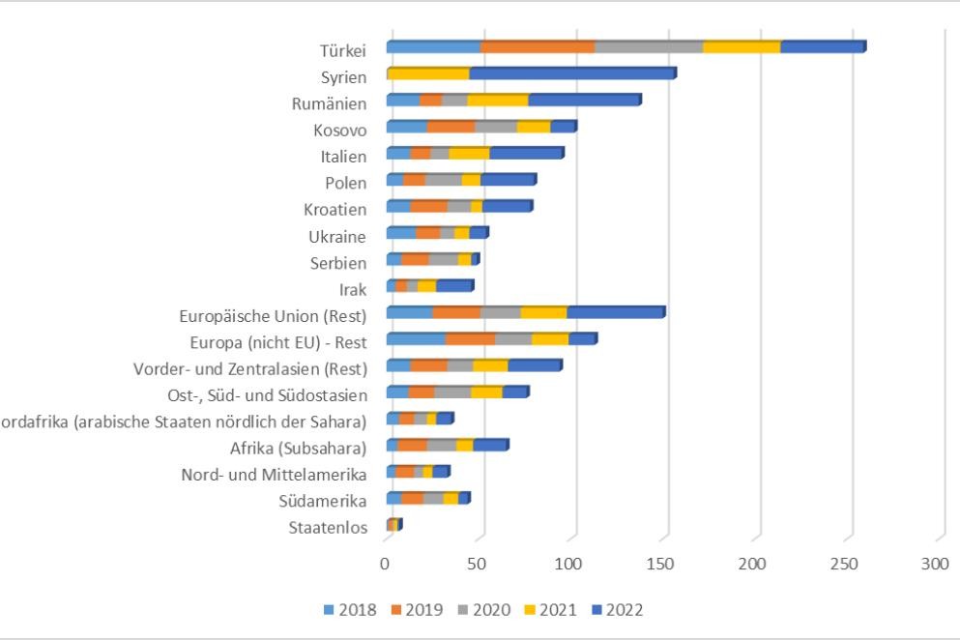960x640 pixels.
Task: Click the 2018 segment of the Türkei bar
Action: (433, 47)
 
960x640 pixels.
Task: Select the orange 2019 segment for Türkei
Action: (537, 47)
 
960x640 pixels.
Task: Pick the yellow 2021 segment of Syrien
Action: (428, 73)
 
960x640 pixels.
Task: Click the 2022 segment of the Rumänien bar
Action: (584, 101)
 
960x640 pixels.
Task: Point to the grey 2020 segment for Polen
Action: (443, 180)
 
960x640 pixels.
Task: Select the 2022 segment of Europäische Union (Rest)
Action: (615, 312)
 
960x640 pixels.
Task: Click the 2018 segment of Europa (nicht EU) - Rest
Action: (416, 339)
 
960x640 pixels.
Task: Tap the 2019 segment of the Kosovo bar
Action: (451, 127)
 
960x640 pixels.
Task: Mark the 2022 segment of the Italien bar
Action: (526, 154)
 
